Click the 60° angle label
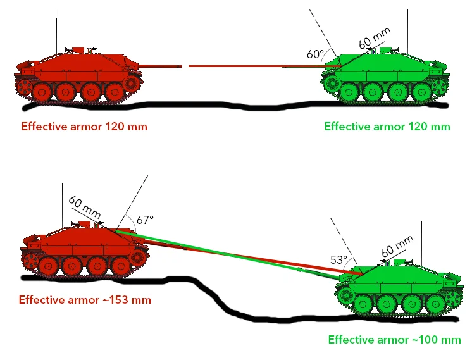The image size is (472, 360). tap(315, 54)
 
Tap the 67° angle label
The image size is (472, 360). tap(145, 220)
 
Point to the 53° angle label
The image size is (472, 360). tap(338, 260)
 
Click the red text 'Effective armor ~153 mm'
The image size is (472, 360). tap(85, 300)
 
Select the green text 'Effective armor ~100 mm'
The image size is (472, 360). tap(394, 340)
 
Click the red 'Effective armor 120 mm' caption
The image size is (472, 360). tap(84, 127)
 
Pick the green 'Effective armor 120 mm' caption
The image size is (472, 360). tap(387, 127)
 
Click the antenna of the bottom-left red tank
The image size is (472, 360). tap(63, 202)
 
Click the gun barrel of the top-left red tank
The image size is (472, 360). tap(161, 65)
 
